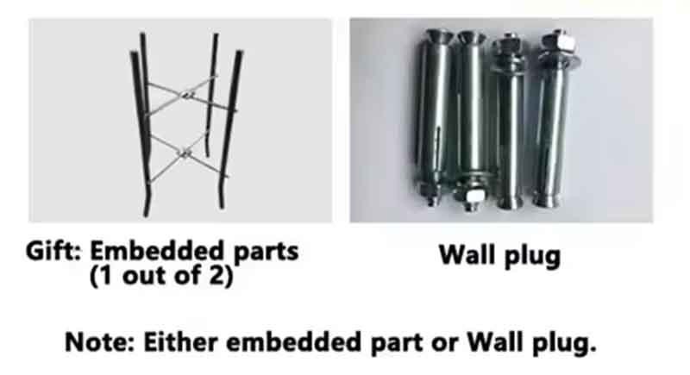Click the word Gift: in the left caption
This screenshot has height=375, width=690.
pyautogui.click(x=53, y=251)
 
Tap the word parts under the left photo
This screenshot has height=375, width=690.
pyautogui.click(x=267, y=253)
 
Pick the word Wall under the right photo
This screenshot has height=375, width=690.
pyautogui.click(x=467, y=254)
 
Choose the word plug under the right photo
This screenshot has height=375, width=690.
pyautogui.click(x=530, y=256)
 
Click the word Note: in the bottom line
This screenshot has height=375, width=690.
pyautogui.click(x=99, y=342)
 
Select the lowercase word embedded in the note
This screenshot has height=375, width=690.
pyautogui.click(x=293, y=342)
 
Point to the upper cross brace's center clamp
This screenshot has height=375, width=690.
pyautogui.click(x=188, y=95)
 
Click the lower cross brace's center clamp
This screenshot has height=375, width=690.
pyautogui.click(x=185, y=153)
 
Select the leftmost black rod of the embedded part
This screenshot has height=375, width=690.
pyautogui.click(x=141, y=132)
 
